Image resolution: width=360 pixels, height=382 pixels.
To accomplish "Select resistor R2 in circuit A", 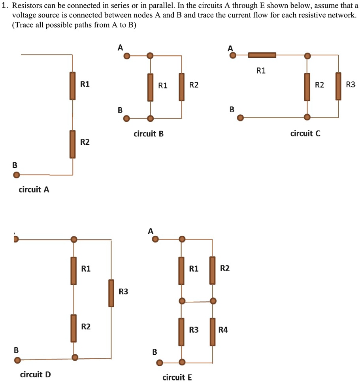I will tap(72, 144).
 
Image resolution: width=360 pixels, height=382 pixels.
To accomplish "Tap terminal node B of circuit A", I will tap(16, 175).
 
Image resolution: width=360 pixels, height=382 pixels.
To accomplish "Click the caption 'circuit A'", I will tap(34, 190).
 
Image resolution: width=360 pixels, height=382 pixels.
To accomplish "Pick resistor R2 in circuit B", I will tap(181, 87).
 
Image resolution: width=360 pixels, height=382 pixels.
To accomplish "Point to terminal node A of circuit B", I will tap(126, 56).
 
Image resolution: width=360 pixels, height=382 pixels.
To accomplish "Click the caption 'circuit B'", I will tap(148, 134).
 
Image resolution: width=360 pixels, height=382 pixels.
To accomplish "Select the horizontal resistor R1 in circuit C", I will tap(262, 56).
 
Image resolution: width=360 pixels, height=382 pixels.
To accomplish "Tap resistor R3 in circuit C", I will tap(338, 86).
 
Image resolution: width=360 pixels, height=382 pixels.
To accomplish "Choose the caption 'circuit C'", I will tap(305, 134).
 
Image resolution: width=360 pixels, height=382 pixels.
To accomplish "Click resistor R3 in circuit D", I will tap(111, 293).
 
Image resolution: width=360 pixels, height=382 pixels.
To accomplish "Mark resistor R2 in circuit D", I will tap(74, 328).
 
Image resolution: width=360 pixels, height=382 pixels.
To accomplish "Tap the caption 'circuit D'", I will tap(35, 374).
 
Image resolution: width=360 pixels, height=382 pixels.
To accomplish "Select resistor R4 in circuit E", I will tap(213, 331).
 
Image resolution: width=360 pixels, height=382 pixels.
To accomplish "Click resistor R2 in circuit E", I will tap(213, 270).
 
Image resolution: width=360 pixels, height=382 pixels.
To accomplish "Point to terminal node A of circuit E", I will tap(156, 239).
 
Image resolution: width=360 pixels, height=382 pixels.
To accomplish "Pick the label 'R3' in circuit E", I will tap(194, 330).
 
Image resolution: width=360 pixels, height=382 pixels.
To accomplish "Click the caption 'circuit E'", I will tap(177, 377).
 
